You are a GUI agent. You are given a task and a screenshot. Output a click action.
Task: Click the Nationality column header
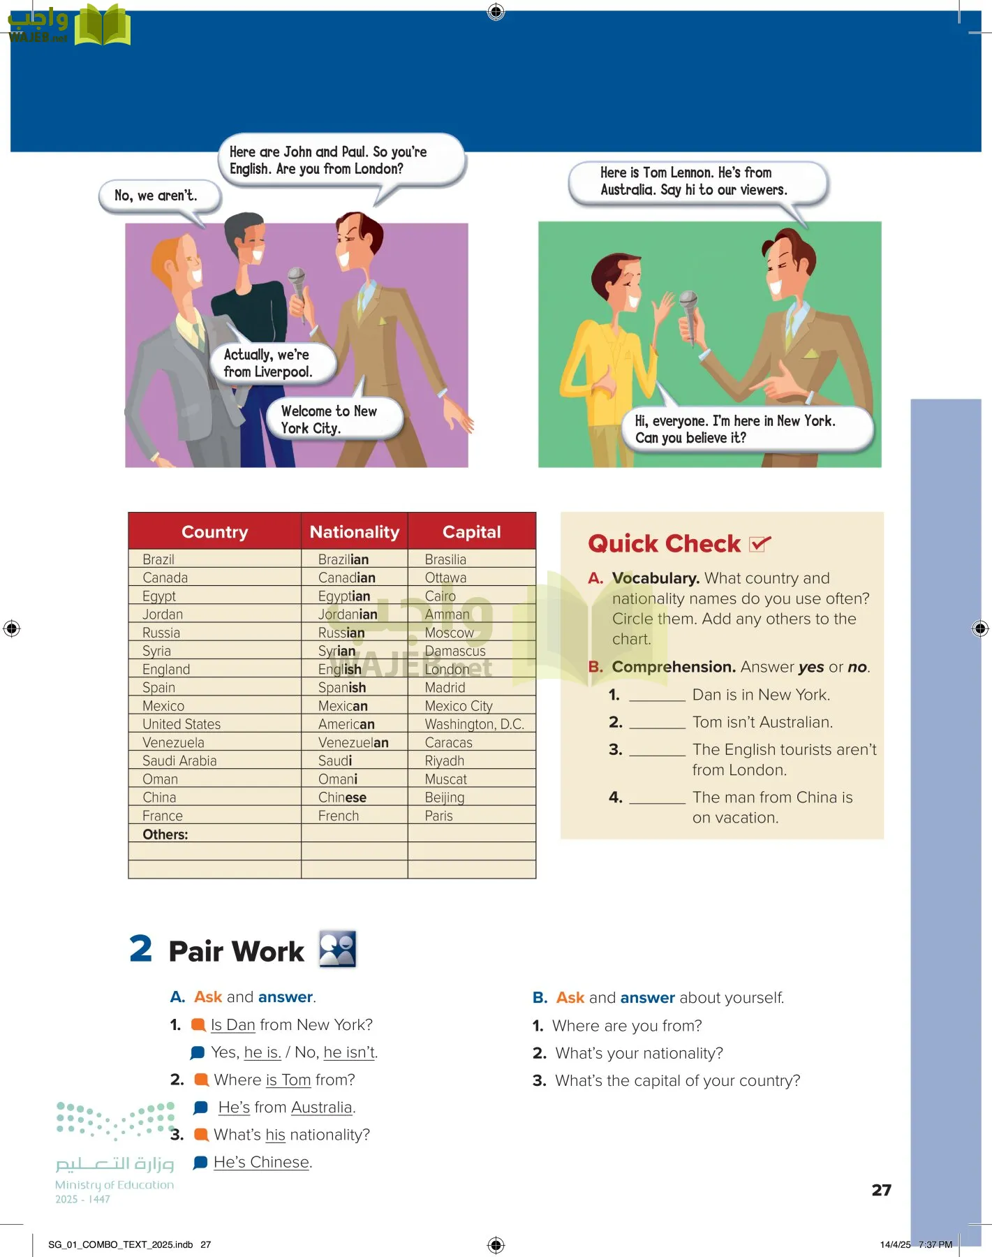click(x=354, y=532)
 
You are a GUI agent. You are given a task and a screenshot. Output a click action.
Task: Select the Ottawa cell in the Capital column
click(x=445, y=578)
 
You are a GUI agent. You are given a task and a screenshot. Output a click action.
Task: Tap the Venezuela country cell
click(x=173, y=742)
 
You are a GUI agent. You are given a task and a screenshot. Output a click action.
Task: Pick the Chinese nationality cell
click(x=342, y=797)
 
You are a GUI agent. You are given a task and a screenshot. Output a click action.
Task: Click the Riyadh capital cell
click(x=444, y=761)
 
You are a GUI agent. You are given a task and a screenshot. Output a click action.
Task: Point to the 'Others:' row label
click(x=165, y=835)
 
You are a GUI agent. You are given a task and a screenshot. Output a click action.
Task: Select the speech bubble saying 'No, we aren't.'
click(x=156, y=196)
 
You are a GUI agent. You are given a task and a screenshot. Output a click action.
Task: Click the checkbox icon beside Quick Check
click(x=760, y=543)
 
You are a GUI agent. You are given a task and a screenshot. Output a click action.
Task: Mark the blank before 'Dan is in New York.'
click(x=657, y=696)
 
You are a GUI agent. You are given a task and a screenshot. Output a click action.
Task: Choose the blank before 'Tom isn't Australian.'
click(x=657, y=723)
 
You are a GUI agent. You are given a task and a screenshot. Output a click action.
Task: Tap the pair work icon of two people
click(x=337, y=949)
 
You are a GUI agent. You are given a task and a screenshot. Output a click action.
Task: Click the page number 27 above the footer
click(x=881, y=1190)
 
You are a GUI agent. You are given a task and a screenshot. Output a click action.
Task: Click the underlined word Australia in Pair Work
click(x=321, y=1108)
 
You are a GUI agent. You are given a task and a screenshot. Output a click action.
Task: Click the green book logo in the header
click(x=102, y=27)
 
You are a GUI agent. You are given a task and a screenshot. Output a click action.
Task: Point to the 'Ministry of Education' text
click(x=114, y=1185)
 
